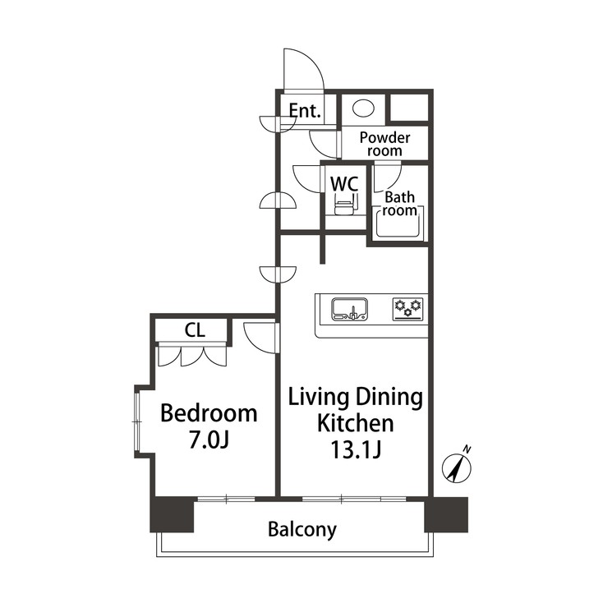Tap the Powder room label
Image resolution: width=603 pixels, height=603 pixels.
pyautogui.click(x=384, y=144)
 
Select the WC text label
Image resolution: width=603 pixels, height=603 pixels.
pyautogui.click(x=343, y=183)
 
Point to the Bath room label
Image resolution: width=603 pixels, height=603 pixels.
pyautogui.click(x=400, y=204)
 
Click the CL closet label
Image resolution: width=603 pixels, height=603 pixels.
pyautogui.click(x=195, y=330)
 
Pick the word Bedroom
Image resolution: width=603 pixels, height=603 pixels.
pyautogui.click(x=209, y=412)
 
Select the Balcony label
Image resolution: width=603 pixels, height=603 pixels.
pyautogui.click(x=302, y=529)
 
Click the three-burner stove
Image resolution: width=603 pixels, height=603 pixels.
pyautogui.click(x=407, y=308)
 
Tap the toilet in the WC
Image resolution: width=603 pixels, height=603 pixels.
pyautogui.click(x=343, y=204)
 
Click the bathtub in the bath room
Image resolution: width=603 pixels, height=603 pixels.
pyautogui.click(x=399, y=223)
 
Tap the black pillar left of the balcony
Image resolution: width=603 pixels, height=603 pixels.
pyautogui.click(x=171, y=515)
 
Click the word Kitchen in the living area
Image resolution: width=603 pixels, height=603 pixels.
pyautogui.click(x=356, y=424)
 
